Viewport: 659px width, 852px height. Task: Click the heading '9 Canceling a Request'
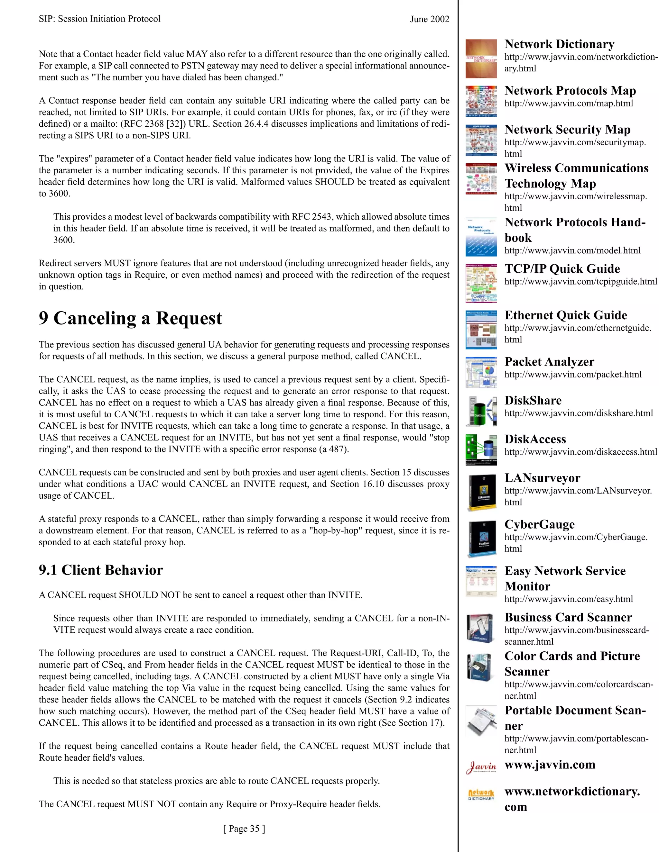point(130,318)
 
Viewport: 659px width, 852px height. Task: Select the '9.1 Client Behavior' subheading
point(101,570)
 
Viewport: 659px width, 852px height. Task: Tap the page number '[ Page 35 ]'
point(244,829)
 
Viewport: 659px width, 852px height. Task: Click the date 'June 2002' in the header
point(430,19)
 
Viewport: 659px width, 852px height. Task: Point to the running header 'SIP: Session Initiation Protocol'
point(99,19)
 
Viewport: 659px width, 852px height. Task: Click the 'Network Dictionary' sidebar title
point(559,44)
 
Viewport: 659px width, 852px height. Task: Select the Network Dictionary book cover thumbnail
point(481,59)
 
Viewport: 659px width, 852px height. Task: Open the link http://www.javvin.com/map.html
point(569,104)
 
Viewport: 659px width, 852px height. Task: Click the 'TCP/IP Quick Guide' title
point(562,269)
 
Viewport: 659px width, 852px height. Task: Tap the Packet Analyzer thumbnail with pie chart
point(481,373)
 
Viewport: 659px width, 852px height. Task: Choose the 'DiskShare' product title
point(533,401)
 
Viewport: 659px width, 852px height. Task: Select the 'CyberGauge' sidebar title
point(540,524)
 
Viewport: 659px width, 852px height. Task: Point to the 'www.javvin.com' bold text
point(550,765)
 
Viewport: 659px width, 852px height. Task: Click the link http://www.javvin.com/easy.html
point(569,599)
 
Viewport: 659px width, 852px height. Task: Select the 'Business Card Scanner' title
point(568,618)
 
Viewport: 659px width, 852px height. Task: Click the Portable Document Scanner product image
point(481,721)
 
